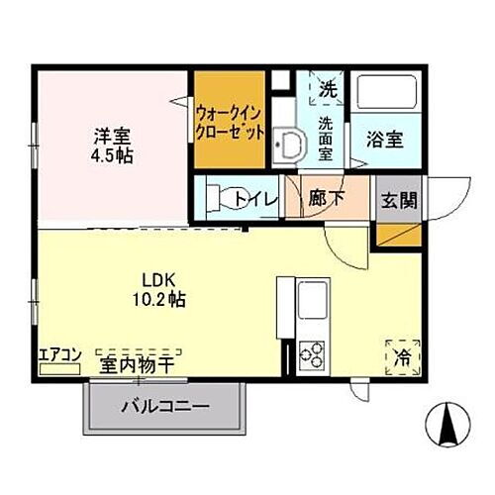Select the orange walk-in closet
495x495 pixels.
229,120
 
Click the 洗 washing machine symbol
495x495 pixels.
325,86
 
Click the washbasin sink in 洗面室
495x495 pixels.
288,146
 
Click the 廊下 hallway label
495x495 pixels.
327,198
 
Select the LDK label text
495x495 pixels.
158,278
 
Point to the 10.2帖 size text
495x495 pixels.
159,297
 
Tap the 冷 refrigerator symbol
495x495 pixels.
402,354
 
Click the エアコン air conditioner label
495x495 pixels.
59,353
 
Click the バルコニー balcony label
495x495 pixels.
165,407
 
